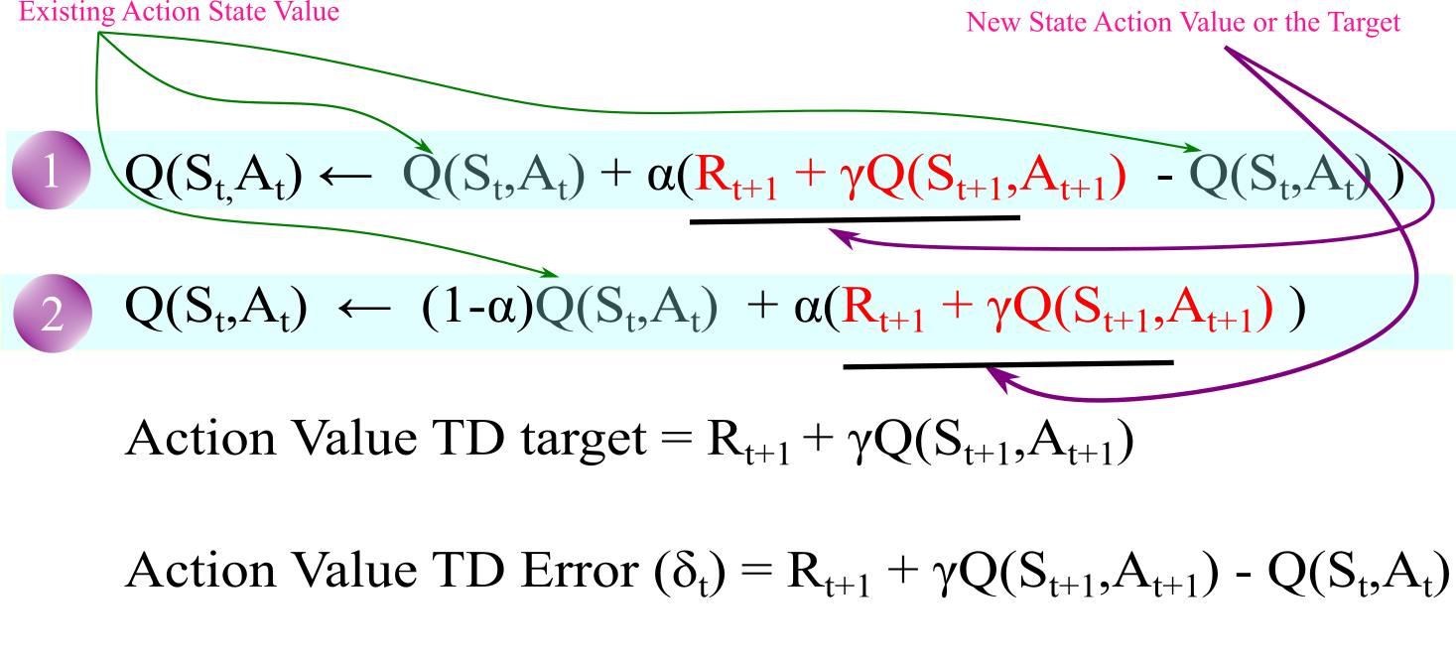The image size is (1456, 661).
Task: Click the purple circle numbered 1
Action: coord(51,171)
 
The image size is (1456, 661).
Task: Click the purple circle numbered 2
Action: coord(52,314)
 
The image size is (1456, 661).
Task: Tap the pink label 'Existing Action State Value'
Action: coord(179,12)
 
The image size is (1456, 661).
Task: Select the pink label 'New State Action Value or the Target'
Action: coord(1183,22)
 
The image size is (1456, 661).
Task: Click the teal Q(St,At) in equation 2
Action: coord(625,310)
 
